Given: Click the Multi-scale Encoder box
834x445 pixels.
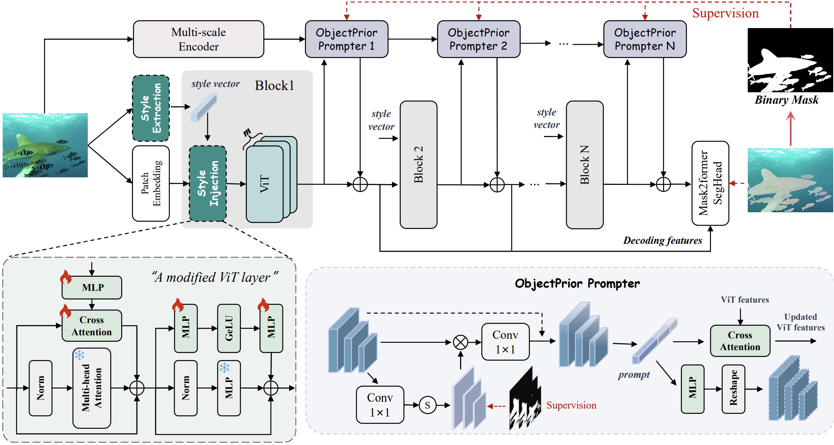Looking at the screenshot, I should pyautogui.click(x=198, y=39).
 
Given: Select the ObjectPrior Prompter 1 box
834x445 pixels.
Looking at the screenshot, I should pyautogui.click(x=347, y=39).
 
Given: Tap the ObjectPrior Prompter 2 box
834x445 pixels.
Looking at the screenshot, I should pyautogui.click(x=478, y=39).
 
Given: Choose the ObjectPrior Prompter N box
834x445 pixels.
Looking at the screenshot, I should pyautogui.click(x=645, y=39).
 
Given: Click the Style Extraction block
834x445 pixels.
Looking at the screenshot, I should pyautogui.click(x=151, y=108).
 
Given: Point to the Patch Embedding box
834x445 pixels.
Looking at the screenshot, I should pyautogui.click(x=151, y=183).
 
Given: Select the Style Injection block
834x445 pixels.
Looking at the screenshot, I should pyautogui.click(x=208, y=183).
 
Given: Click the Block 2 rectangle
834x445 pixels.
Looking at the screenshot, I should pyautogui.click(x=418, y=164).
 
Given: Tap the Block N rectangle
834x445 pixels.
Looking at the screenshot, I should pyautogui.click(x=585, y=164).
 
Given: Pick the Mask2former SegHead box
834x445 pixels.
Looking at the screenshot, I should pyautogui.click(x=710, y=183).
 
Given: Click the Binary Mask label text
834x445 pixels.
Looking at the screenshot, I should pyautogui.click(x=787, y=100).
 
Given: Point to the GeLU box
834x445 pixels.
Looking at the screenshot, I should pyautogui.click(x=229, y=328).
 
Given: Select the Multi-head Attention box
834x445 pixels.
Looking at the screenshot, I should pyautogui.click(x=92, y=388).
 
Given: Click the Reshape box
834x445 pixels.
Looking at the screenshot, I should pyautogui.click(x=733, y=388).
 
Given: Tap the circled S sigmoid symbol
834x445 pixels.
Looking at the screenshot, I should pyautogui.click(x=427, y=405).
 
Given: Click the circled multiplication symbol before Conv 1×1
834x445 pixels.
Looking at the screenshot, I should pyautogui.click(x=461, y=342).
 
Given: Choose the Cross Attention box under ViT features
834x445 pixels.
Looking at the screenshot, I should pyautogui.click(x=740, y=341).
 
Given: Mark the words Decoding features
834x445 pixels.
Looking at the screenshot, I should pyautogui.click(x=663, y=240).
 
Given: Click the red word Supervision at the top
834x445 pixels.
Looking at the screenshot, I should pyautogui.click(x=725, y=13).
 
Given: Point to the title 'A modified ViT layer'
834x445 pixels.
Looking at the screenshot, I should pyautogui.click(x=215, y=277).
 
